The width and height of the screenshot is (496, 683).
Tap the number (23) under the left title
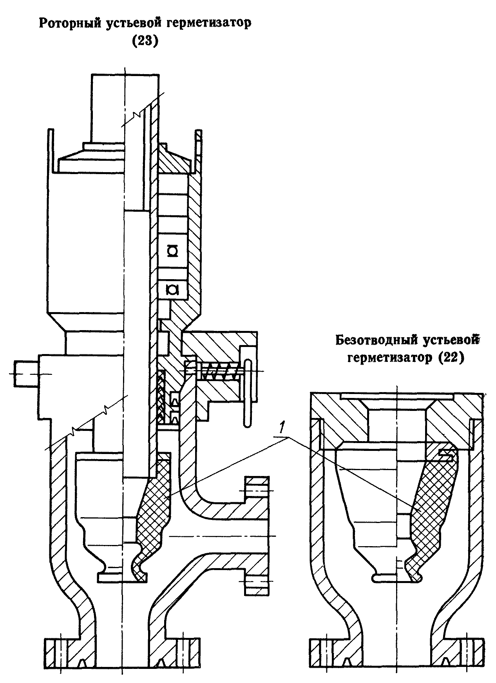[145, 41]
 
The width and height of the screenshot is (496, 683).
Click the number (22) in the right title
[450, 358]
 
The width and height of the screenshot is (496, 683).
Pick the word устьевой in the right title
[451, 340]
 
